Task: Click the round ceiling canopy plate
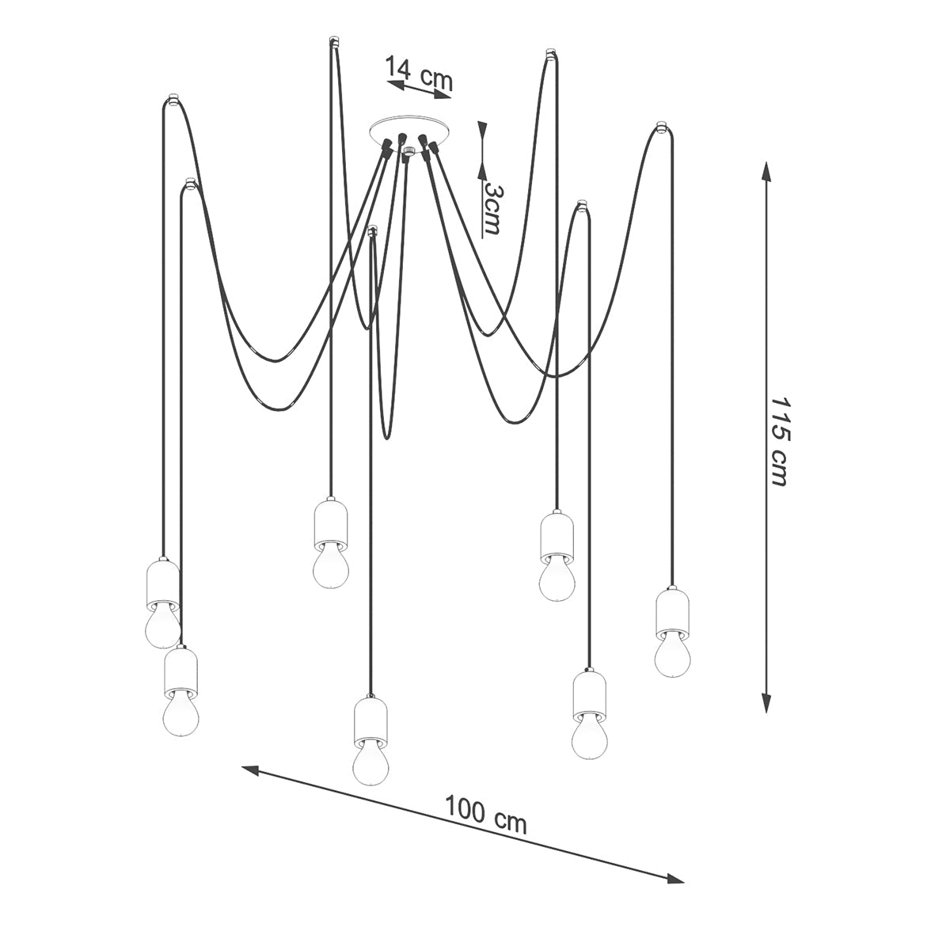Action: (x=409, y=130)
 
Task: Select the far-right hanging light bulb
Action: (x=672, y=656)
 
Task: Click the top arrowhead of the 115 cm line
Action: (x=766, y=172)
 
